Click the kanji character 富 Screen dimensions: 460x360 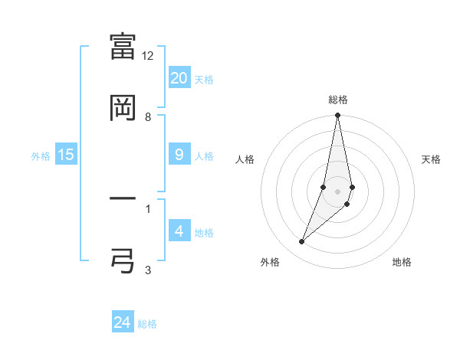[x=123, y=46]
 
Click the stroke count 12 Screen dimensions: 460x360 [x=148, y=56]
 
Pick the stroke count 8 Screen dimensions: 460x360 [x=148, y=117]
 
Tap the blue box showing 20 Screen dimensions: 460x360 [x=179, y=78]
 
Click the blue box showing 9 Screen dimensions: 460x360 [x=179, y=155]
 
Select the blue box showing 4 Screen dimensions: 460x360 [x=179, y=231]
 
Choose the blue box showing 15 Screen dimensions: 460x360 [x=66, y=155]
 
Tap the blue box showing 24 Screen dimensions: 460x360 [x=123, y=322]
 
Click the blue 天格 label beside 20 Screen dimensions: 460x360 [x=204, y=80]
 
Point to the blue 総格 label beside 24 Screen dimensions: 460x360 [x=147, y=324]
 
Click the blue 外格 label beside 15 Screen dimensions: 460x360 [x=41, y=156]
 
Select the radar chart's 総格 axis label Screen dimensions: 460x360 [x=338, y=100]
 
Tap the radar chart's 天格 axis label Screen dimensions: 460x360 [x=432, y=159]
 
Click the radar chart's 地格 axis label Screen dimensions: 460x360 [x=402, y=262]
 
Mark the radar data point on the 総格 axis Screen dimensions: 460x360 [x=337, y=116]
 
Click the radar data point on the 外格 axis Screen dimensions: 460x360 [x=301, y=242]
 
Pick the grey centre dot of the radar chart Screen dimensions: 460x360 [x=337, y=191]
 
